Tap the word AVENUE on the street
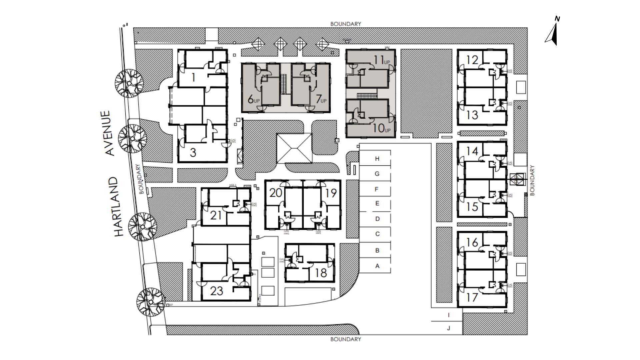tap(110, 133)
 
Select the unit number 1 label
tap(193, 78)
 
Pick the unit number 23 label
tap(217, 291)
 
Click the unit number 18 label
tap(321, 273)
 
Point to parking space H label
tap(377, 159)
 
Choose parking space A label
tap(377, 266)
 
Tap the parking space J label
tap(449, 328)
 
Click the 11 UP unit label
tap(381, 60)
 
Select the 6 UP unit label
tap(254, 99)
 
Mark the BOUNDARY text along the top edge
tap(345, 24)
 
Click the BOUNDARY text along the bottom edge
tap(345, 339)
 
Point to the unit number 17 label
tap(472, 297)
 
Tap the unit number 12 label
tap(472, 60)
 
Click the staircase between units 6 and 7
tap(284, 80)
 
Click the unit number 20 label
tap(276, 193)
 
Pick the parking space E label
tap(377, 203)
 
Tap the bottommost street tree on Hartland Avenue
tap(151, 302)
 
